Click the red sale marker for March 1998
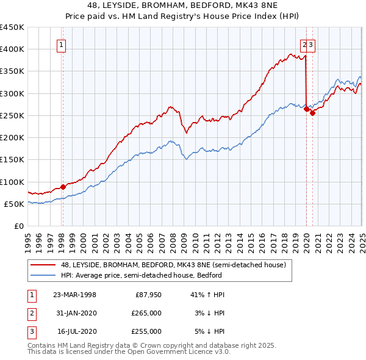tap(63, 187)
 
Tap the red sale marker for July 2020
tap(312, 113)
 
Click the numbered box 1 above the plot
tap(62, 44)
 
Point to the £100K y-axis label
tap(12, 182)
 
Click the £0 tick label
tap(19, 226)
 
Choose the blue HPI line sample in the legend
tap(44, 275)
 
